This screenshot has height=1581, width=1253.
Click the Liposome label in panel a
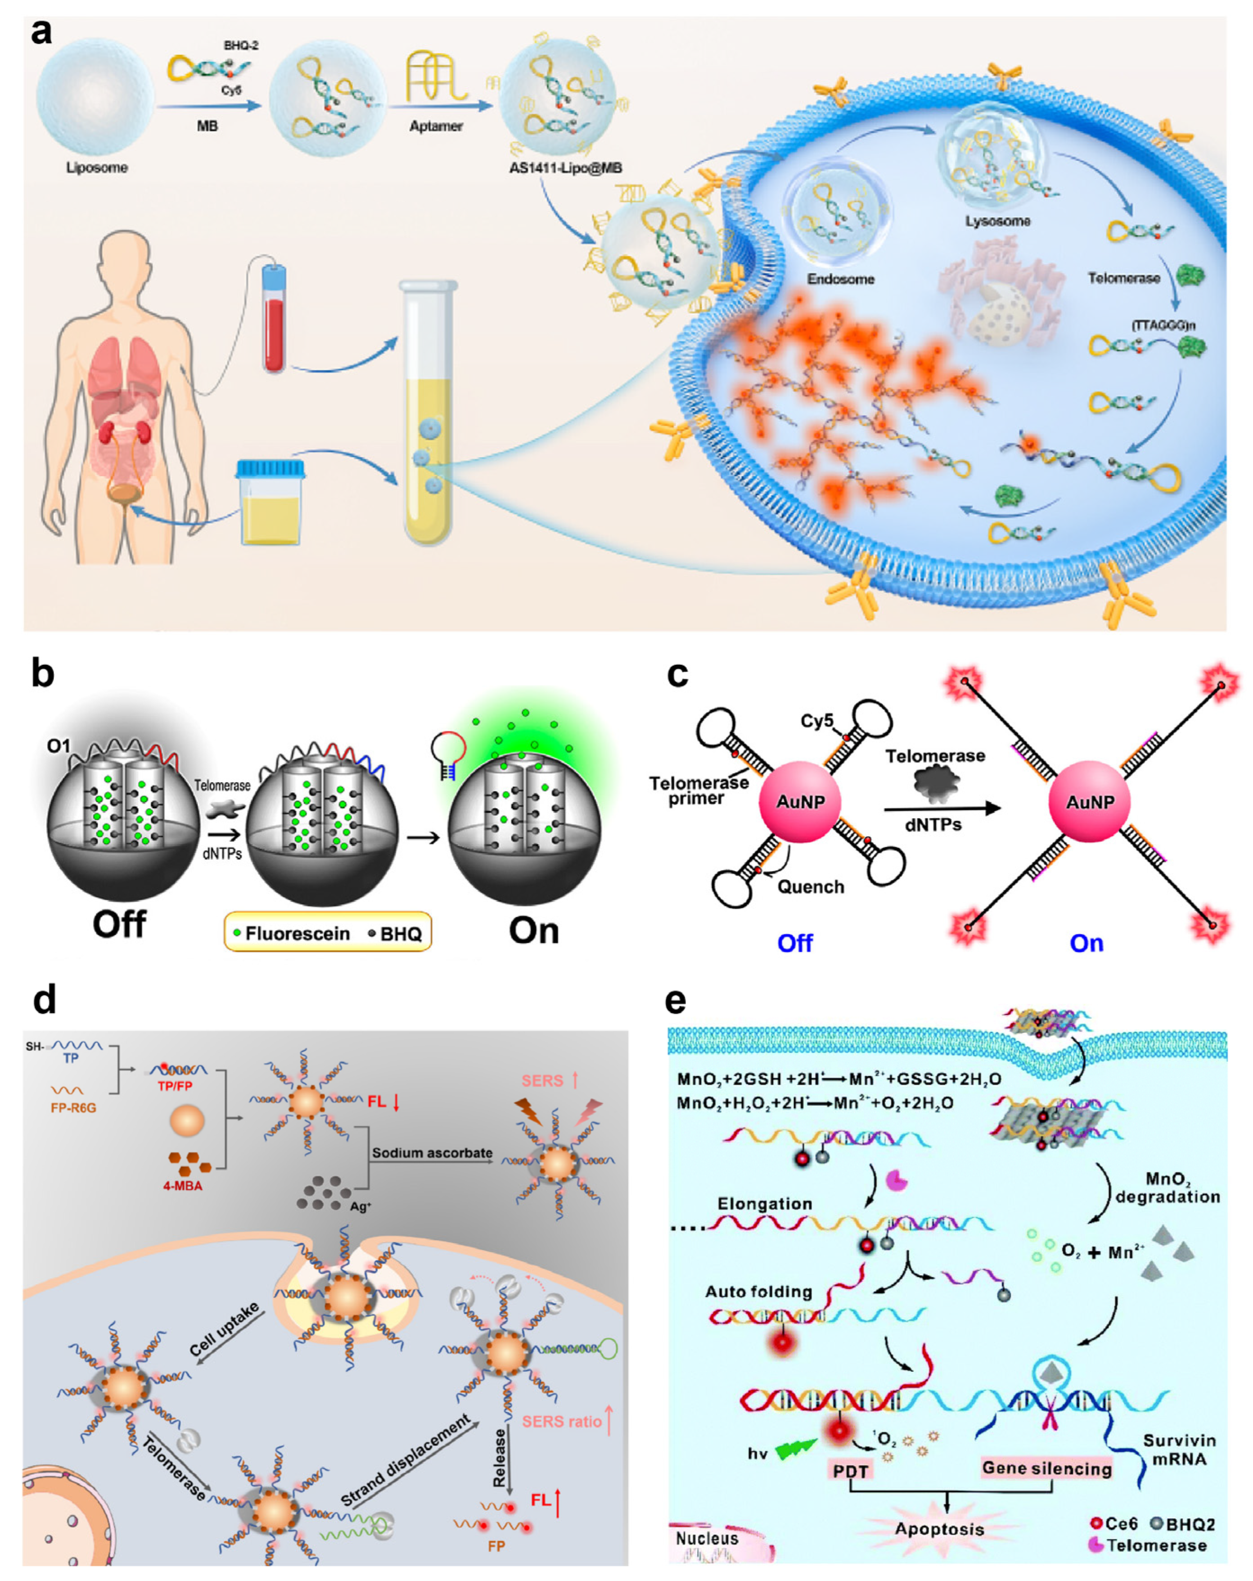coord(97,168)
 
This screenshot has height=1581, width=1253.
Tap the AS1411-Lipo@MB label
coord(565,168)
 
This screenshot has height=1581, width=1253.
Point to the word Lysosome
coord(997,221)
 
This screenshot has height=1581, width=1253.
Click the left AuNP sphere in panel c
coord(800,802)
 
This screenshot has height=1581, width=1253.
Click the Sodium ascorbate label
coord(432,1154)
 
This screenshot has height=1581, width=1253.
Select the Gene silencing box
coord(1046,1468)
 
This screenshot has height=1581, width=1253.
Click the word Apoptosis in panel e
coord(939,1529)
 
